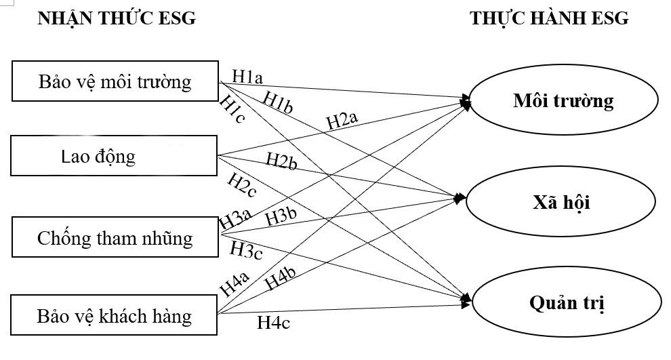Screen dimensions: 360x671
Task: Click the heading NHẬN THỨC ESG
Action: (x=117, y=18)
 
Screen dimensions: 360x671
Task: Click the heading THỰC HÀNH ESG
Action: (x=550, y=18)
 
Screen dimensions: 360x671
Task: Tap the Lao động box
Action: (x=115, y=157)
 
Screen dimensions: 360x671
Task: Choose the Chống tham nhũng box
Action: (x=115, y=238)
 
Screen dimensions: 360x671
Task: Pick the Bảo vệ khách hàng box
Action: (x=115, y=315)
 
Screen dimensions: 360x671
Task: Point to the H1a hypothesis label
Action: (x=247, y=76)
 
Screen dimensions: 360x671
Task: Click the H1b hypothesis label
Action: (x=279, y=102)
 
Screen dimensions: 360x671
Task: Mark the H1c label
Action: (x=232, y=110)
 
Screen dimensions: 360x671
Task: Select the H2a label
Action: (x=342, y=121)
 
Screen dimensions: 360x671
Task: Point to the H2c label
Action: (x=241, y=184)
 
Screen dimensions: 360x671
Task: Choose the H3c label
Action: (x=247, y=249)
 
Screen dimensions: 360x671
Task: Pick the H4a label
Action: (x=235, y=282)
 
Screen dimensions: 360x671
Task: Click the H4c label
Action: (x=274, y=323)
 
